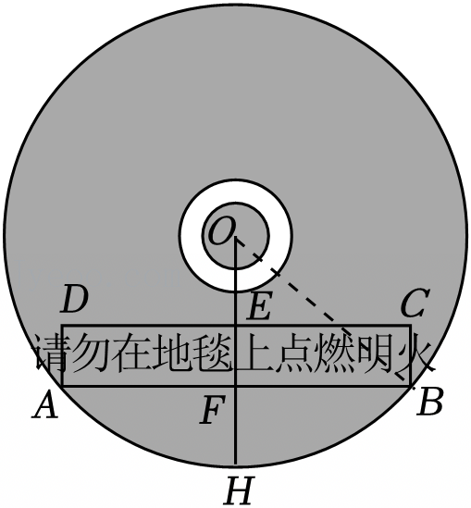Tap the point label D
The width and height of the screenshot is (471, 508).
[75, 300]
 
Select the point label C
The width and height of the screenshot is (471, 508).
[415, 303]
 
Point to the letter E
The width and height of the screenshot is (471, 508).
[258, 308]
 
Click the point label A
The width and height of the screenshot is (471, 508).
[45, 404]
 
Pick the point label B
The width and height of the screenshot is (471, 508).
[430, 403]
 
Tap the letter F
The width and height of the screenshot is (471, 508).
[213, 411]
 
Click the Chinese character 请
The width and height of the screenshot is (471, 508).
[51, 353]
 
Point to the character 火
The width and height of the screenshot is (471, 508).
[414, 353]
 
